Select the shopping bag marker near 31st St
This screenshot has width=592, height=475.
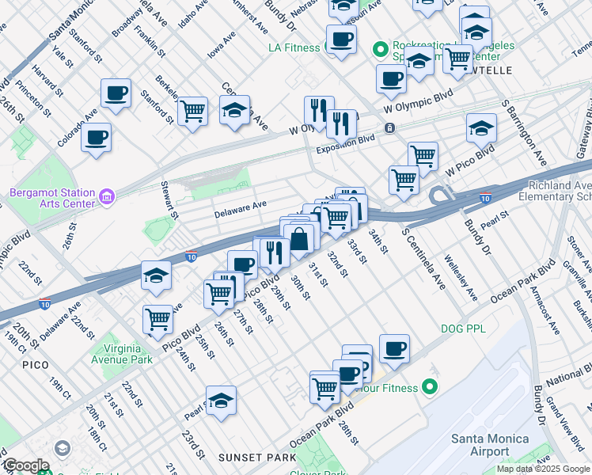301,238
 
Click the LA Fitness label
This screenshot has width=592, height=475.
294,47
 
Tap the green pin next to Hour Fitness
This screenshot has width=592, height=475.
430,387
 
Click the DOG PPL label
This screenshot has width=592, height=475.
463,328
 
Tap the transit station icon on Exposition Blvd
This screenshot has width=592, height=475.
389,127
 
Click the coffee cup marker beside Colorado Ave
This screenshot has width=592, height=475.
96,138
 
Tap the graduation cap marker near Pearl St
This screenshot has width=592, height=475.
222,401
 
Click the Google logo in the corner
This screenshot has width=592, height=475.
25,466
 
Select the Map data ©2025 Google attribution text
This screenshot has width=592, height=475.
543,469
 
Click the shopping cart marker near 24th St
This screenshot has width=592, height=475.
158,319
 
